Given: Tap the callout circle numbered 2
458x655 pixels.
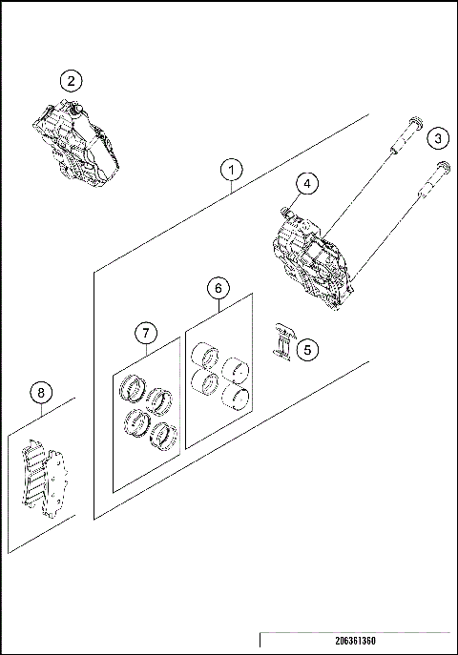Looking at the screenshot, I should (72, 82).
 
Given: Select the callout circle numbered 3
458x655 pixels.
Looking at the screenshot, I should (436, 138).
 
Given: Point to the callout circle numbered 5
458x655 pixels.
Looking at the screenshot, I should (306, 350).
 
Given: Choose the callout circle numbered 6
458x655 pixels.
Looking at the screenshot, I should (218, 287).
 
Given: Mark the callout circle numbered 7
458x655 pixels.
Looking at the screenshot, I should (145, 333).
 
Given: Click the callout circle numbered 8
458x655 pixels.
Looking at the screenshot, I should (40, 392).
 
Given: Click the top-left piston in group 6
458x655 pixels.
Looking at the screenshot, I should (203, 359).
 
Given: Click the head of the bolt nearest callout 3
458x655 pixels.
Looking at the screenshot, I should (439, 169).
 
